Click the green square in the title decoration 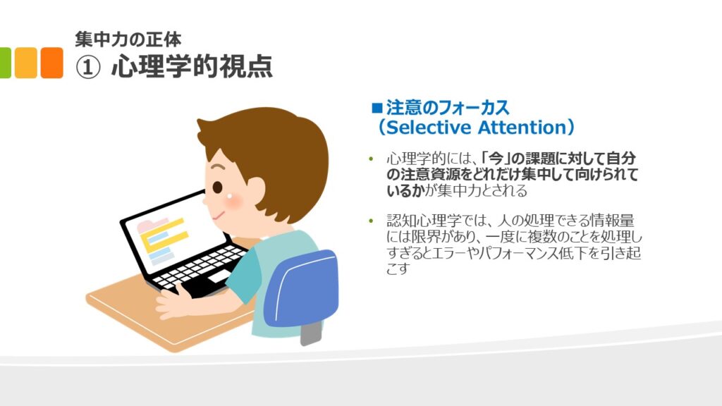(5, 63)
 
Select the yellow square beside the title (26, 63)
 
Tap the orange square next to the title (51, 63)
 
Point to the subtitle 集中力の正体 (128, 39)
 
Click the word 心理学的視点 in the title (192, 66)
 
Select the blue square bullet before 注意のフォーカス (377, 108)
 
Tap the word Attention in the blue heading (522, 128)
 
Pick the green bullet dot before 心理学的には (371, 159)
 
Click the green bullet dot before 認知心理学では (371, 221)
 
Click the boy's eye (217, 187)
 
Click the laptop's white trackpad (219, 276)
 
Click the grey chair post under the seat (311, 333)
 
